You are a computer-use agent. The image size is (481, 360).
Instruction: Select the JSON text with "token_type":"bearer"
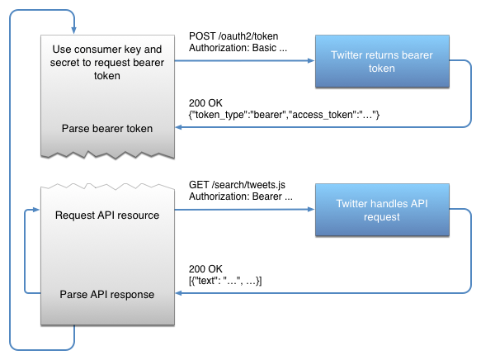pyautogui.click(x=284, y=114)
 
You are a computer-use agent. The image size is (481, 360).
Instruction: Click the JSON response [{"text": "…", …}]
pyautogui.click(x=225, y=282)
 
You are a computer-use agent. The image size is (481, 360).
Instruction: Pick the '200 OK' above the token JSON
pyautogui.click(x=206, y=102)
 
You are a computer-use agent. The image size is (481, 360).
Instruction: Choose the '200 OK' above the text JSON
pyautogui.click(x=206, y=269)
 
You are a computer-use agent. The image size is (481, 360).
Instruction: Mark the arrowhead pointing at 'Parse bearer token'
pyautogui.click(x=179, y=128)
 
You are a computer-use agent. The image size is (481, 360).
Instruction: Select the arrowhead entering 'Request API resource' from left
pyautogui.click(x=37, y=210)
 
